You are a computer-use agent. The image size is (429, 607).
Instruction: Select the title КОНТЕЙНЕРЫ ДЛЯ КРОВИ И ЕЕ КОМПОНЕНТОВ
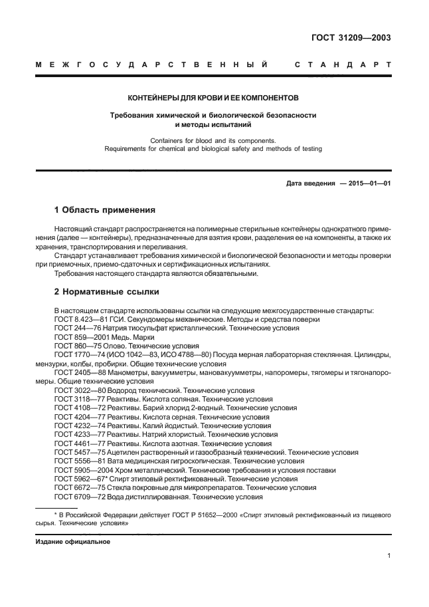[213, 97]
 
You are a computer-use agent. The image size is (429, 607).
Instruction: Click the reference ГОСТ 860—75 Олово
[86, 346]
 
